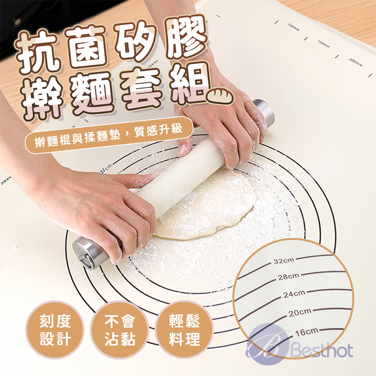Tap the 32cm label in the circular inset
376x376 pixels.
pos(284,261)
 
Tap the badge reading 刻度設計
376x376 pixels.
pos(55,330)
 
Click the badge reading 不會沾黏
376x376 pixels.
pos(119,330)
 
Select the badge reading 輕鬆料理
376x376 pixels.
pos(184,330)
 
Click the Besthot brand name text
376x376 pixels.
pos(324,351)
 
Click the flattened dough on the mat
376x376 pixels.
pos(207,207)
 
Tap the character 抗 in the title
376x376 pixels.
pos(42,52)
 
